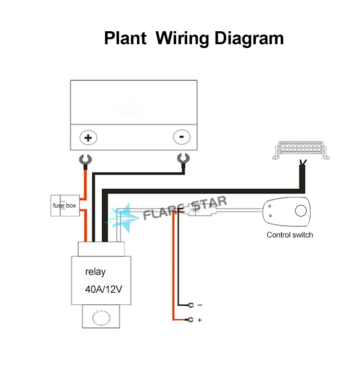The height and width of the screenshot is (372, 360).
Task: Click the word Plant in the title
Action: pos(125,38)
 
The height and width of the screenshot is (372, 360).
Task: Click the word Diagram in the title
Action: pos(249,38)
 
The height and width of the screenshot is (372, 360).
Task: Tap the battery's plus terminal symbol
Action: pos(88,137)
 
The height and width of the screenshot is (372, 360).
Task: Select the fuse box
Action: pos(64,205)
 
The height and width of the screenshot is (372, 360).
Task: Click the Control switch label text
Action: pos(289,235)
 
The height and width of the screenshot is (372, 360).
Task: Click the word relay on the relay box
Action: pos(96,272)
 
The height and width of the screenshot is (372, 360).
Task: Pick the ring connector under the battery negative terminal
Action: pos(182,159)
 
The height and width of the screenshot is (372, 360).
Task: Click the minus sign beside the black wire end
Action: pos(200,305)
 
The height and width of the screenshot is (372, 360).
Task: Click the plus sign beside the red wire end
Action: pos(200,320)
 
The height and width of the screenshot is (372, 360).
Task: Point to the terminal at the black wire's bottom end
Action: pos(191,305)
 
